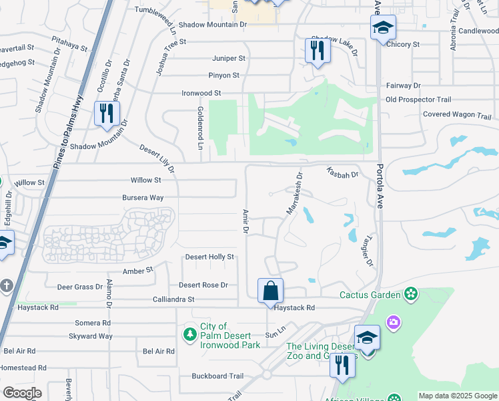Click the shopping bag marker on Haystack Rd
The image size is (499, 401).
tap(270, 291)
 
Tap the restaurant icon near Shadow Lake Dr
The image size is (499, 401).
tap(318, 51)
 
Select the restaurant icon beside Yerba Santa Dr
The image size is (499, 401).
tap(106, 114)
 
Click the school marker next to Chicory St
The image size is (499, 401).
tap(383, 28)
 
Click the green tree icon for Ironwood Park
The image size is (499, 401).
tap(191, 333)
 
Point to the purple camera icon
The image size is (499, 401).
tap(394, 323)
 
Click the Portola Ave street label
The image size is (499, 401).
tap(380, 187)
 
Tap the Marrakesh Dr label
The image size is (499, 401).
tap(294, 194)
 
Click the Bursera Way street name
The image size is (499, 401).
tap(142, 198)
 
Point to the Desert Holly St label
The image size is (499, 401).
tap(209, 257)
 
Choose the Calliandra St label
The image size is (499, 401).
tap(173, 299)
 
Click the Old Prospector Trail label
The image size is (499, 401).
tap(418, 100)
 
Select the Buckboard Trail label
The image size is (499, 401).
tap(217, 376)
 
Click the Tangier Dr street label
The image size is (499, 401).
tap(367, 249)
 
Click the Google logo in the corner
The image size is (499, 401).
tap(22, 393)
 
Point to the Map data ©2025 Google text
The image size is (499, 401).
tap(458, 396)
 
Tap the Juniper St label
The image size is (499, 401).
tap(229, 58)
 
